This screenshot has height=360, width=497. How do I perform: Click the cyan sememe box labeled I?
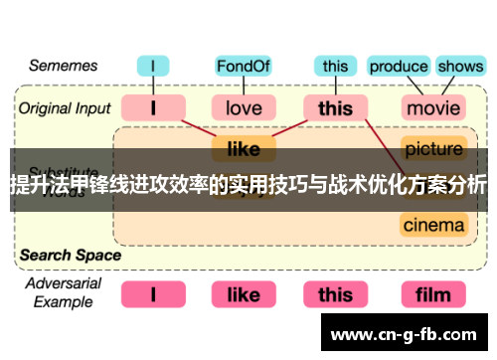152,67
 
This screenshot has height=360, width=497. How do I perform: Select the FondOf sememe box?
243,67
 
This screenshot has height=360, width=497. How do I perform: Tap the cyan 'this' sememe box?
335,67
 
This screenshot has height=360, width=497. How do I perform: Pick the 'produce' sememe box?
398,67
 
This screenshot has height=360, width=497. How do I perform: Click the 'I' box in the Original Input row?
152,107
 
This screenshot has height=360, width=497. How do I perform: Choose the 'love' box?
243,107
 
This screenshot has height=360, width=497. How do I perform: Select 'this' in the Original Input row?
335,107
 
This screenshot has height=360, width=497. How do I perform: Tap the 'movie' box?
433,107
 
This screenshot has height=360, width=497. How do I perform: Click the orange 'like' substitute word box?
243,149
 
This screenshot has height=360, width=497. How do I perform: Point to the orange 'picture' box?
433,149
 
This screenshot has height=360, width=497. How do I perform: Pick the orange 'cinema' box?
433,225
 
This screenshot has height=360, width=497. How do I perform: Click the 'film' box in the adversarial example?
433,294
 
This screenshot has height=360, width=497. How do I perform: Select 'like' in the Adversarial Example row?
243,294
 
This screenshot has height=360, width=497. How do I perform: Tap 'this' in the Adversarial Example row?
335,294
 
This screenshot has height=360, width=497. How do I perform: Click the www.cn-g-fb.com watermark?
408,333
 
